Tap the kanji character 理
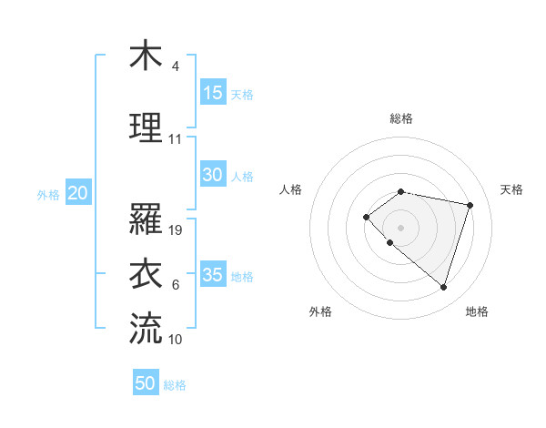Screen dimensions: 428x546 point(146,127)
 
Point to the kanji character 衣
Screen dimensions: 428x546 point(146,273)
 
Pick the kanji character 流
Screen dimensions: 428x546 point(146,328)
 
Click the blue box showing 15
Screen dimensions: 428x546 point(213,93)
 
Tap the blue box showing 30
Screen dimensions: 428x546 point(213,176)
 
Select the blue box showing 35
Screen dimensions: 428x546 point(213,276)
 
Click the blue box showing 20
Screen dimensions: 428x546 point(78,193)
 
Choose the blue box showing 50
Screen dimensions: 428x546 point(146,383)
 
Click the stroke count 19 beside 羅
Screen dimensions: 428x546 point(177,230)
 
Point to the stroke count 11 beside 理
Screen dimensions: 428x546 point(176,139)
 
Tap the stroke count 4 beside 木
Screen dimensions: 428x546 point(175,66)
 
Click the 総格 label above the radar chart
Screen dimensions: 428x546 point(401,118)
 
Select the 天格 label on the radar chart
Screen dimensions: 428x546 point(511,189)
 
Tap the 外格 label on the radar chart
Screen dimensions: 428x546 point(320,311)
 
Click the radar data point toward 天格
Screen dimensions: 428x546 point(470,205)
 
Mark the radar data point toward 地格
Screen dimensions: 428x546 point(443,288)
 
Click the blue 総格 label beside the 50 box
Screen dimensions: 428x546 point(175,385)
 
